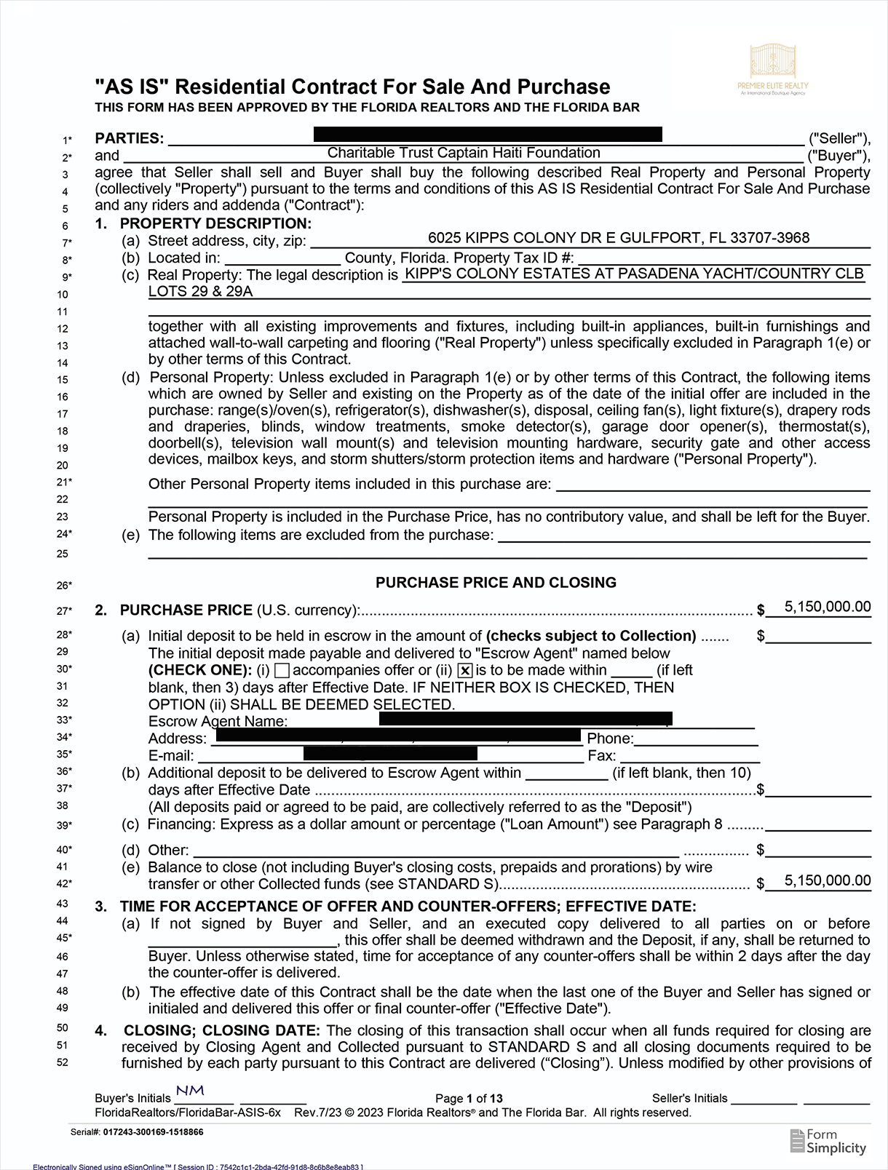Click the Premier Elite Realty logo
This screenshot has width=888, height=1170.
point(772,69)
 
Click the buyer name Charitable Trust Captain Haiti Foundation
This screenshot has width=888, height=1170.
point(464,153)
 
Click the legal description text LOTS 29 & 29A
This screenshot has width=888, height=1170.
point(201,292)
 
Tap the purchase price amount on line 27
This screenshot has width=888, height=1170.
point(827,607)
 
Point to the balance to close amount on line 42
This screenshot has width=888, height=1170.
point(827,880)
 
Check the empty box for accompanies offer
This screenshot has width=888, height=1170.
point(283,670)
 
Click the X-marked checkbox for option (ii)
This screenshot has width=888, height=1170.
point(465,671)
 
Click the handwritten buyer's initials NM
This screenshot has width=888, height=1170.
point(190,1091)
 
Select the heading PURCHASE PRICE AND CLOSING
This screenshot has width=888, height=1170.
point(496,583)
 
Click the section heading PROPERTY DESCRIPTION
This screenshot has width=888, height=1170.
point(215,223)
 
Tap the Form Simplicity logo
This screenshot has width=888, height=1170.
point(828,1141)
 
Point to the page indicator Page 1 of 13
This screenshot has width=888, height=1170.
point(469,1099)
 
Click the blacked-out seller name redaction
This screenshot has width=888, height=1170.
point(488,134)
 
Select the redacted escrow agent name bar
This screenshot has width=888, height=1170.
point(526,719)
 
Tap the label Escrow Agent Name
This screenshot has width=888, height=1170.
point(218,722)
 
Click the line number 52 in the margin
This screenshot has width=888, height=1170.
point(63,1062)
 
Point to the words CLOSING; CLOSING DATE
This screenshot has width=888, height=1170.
point(221,1031)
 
